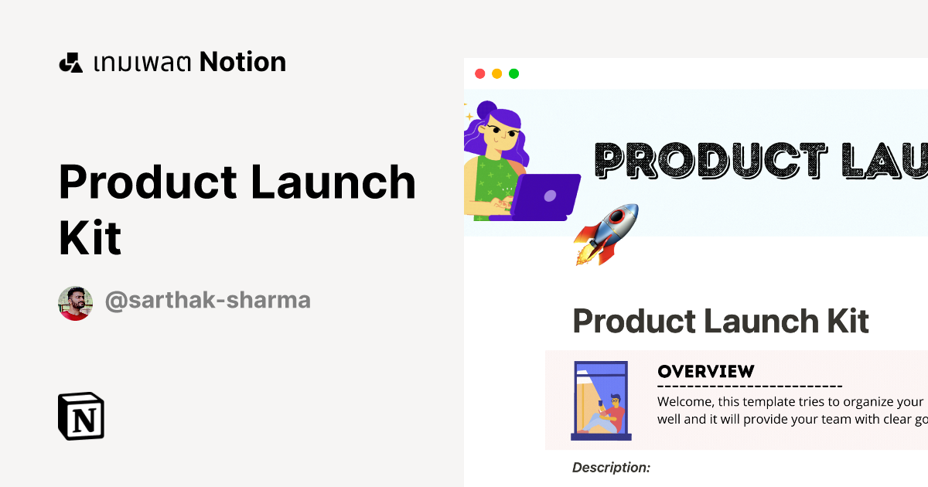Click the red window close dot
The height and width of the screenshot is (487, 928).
479,74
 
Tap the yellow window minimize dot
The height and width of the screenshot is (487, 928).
496,74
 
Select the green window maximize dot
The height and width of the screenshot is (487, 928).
513,74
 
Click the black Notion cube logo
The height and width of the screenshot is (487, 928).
81,417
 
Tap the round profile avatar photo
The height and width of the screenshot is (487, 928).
75,303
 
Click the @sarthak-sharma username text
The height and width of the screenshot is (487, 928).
207,301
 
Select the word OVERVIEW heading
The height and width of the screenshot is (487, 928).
705,371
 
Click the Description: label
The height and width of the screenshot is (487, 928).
611,467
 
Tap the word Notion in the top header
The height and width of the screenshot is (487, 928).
243,62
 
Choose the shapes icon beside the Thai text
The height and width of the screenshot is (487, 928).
70,63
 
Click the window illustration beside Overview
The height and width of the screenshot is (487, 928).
601,400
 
